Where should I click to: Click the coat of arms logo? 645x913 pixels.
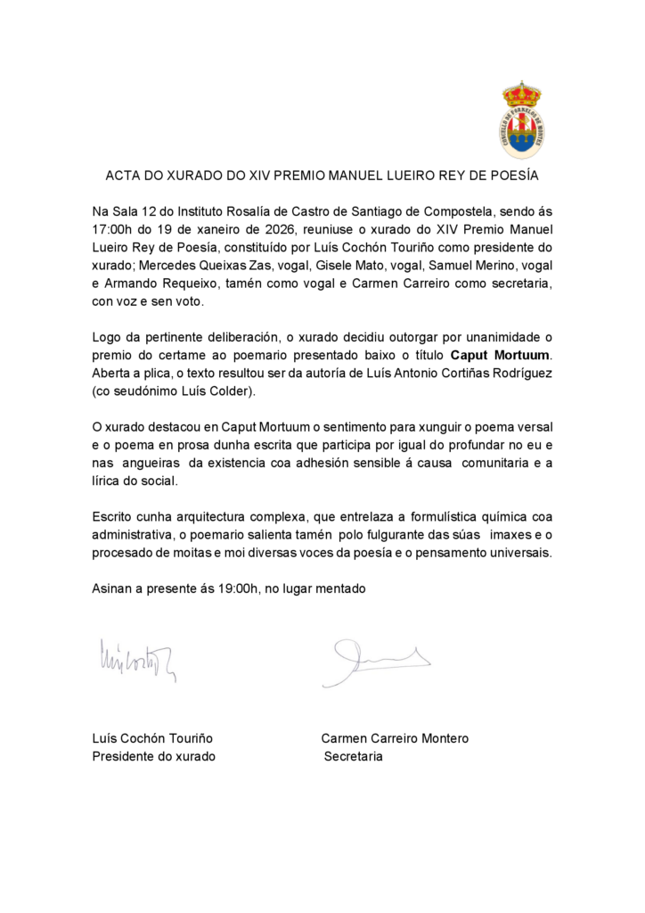(521, 119)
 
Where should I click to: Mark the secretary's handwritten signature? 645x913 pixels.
(375, 661)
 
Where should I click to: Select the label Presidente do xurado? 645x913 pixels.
(154, 756)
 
